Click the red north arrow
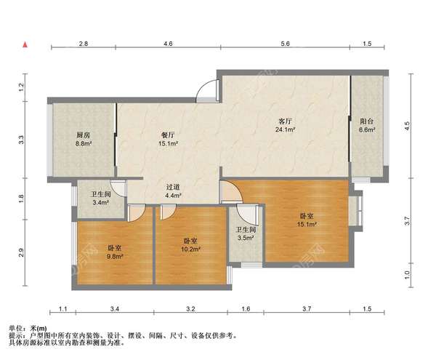[x=25, y=44]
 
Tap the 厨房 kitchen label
[x=84, y=135]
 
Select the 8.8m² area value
[x=84, y=144]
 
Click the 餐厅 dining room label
[x=168, y=135]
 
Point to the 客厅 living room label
[x=286, y=121]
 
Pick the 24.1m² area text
[x=285, y=129]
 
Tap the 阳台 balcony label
[x=367, y=121]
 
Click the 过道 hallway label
[x=173, y=187]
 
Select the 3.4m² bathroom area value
[x=101, y=202]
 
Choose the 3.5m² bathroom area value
[x=246, y=238]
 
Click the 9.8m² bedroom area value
[x=115, y=257]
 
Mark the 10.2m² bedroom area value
[x=190, y=249]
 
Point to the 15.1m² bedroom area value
[x=307, y=224]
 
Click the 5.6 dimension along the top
[x=286, y=44]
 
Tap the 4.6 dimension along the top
[x=168, y=44]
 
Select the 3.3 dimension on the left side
[x=21, y=140]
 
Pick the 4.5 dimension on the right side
[x=407, y=127]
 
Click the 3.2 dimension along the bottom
[x=190, y=309]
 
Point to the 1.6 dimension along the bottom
[x=246, y=309]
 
